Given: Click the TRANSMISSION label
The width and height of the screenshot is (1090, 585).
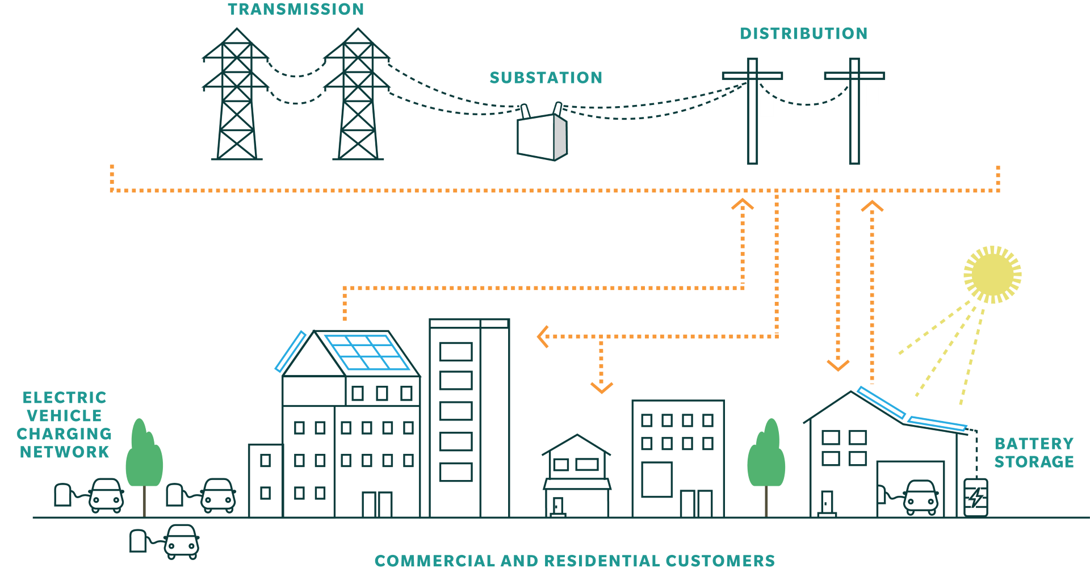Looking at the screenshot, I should point(296,9).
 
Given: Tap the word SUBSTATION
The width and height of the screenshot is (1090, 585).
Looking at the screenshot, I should point(546,78).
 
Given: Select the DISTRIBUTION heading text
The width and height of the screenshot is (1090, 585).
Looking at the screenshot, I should point(803,33).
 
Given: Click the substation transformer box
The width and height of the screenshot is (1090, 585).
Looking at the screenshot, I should point(542,137).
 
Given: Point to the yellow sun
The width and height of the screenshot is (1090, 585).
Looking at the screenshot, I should point(992,275).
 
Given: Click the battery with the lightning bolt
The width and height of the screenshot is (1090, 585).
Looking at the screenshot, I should point(975,497).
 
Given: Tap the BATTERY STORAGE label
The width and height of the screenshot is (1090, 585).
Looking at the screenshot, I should point(1034,452).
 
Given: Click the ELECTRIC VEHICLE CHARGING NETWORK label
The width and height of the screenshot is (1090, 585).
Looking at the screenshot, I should point(64,424).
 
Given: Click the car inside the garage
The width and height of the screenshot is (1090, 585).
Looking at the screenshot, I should point(920,496).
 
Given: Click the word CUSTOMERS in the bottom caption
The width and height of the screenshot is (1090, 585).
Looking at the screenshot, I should point(720,561).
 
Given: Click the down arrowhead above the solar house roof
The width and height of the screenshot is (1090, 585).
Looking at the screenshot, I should point(838,365).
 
